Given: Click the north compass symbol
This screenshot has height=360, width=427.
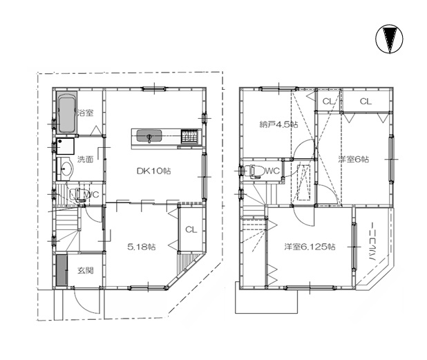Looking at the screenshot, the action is [390, 39].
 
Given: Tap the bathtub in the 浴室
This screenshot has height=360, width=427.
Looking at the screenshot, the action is [66, 112].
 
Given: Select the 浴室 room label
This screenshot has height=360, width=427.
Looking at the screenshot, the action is [85, 113].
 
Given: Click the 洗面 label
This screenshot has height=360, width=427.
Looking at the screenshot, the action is [85, 159].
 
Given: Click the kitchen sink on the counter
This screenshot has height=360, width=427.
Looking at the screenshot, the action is [149, 136].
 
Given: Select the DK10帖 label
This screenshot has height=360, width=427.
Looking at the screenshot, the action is [153, 171].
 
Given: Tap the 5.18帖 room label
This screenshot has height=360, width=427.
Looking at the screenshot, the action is [142, 247].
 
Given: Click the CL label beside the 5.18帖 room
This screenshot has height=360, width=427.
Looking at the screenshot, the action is [191, 230].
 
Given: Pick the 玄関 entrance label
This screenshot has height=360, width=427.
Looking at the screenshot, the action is [86, 270].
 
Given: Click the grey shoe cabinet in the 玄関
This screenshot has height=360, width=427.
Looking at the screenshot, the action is [61, 270].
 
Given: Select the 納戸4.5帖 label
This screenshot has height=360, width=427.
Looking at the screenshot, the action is [278, 124].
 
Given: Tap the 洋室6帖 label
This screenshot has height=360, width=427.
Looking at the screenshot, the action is [354, 159].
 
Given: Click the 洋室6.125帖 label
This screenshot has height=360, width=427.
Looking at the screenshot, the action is [310, 247].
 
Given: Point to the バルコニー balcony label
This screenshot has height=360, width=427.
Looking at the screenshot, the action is [372, 243].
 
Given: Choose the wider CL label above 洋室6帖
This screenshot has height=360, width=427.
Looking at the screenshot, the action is [366, 102].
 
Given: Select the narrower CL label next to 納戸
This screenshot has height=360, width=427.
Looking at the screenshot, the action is [328, 102].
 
